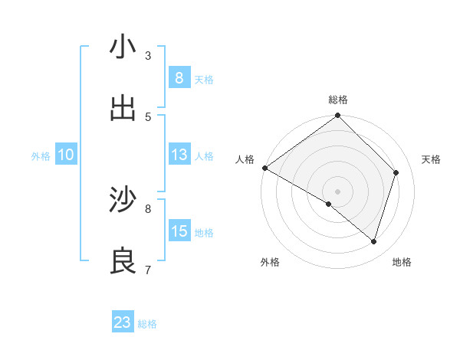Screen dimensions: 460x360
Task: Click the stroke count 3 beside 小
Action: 148,55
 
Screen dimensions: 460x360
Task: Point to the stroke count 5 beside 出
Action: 148,116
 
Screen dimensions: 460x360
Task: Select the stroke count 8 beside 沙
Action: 148,208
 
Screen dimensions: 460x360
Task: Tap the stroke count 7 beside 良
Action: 148,270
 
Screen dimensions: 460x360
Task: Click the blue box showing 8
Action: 179,77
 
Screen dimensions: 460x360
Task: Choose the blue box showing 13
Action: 179,155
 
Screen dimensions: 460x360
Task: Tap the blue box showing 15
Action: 179,231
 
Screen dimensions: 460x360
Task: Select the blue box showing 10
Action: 66,155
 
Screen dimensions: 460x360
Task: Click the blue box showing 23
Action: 123,322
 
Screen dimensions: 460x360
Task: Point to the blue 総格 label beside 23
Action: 147,324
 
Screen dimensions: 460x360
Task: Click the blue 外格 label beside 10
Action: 41,156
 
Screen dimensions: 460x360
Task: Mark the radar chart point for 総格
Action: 337,116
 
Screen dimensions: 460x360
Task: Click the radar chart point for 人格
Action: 264,168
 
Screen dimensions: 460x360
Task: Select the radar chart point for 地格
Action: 374,242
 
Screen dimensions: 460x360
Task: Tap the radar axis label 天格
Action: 432,159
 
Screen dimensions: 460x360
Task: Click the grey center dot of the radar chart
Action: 337,191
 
